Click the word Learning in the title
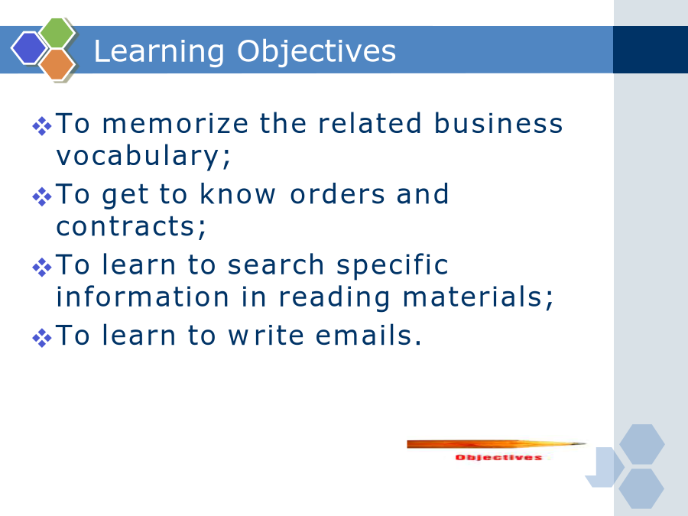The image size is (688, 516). pyautogui.click(x=159, y=52)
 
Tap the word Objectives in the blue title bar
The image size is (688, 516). pyautogui.click(x=316, y=52)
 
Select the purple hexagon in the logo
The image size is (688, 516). pyautogui.click(x=29, y=48)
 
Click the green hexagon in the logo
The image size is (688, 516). pyautogui.click(x=57, y=32)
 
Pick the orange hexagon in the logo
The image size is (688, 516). pyautogui.click(x=57, y=64)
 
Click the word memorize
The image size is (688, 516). pyautogui.click(x=176, y=123)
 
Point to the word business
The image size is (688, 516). pyautogui.click(x=498, y=123)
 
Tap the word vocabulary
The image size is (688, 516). pyautogui.click(x=143, y=156)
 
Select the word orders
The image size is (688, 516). pyautogui.click(x=337, y=194)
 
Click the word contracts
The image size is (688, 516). pyautogui.click(x=131, y=226)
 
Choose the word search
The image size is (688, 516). pyautogui.click(x=276, y=264)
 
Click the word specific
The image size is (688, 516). pyautogui.click(x=392, y=266)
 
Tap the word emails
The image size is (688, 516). pyautogui.click(x=368, y=336)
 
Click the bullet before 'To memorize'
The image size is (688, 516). pyautogui.click(x=42, y=126)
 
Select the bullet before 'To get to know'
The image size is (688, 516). pyautogui.click(x=42, y=196)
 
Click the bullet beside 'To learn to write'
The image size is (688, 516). pyautogui.click(x=42, y=338)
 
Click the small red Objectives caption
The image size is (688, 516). pyautogui.click(x=499, y=458)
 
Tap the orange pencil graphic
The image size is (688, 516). pyautogui.click(x=497, y=444)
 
